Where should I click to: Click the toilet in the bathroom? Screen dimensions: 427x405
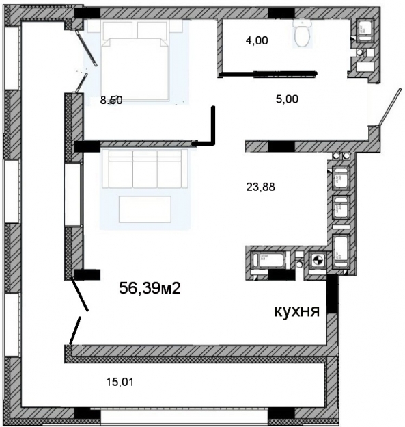[301, 34]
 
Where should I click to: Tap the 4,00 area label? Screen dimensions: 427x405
[257, 40]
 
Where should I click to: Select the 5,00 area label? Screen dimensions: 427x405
[286, 98]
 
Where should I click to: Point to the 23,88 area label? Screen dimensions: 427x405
[257, 185]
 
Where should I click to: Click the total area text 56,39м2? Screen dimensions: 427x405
[150, 288]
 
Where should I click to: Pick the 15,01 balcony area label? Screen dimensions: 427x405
[120, 381]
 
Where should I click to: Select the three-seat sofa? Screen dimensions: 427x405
[144, 168]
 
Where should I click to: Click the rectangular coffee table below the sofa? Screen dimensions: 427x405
[144, 209]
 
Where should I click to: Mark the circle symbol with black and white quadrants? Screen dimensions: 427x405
[317, 260]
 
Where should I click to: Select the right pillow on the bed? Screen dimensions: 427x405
[153, 29]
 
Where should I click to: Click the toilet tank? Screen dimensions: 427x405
[301, 23]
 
